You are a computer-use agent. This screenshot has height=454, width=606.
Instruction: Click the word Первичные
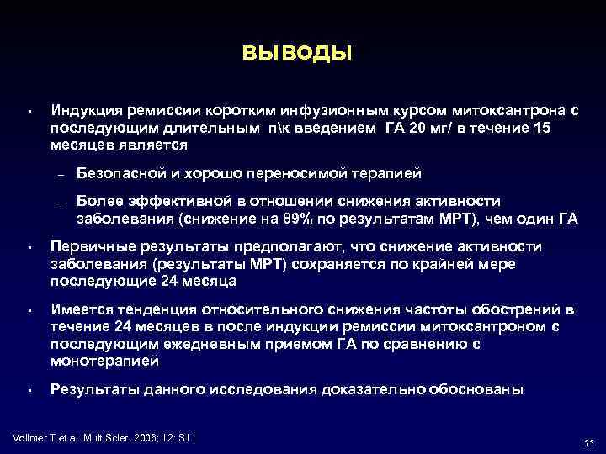(x=90, y=246)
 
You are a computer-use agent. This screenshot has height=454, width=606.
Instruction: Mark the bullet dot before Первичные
(x=29, y=248)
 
